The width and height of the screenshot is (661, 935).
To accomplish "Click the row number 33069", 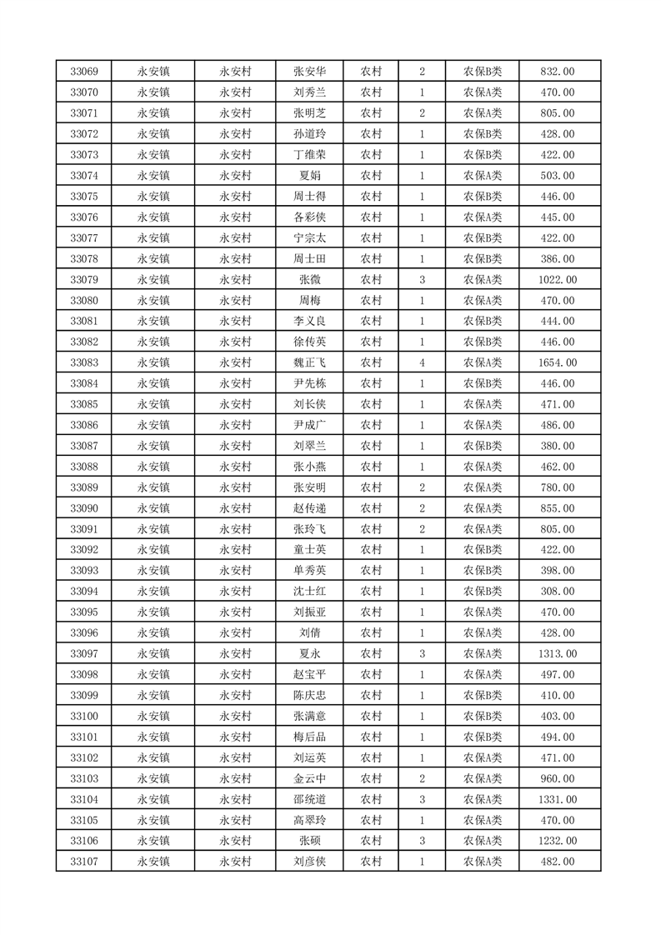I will (84, 72).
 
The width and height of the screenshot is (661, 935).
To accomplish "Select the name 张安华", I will (310, 72).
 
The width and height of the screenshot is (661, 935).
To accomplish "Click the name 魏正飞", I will (310, 362).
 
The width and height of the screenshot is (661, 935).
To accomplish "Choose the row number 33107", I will (84, 861).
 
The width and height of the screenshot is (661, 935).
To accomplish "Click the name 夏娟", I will (310, 176).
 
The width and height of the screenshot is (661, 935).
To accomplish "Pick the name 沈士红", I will (310, 591).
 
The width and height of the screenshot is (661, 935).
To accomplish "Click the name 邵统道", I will (310, 799).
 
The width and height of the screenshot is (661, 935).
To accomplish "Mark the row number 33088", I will (84, 467).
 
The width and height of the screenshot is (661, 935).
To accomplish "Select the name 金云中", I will (310, 778).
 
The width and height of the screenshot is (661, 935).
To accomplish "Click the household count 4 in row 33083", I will (423, 362).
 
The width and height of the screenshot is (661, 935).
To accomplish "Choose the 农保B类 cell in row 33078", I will (483, 259).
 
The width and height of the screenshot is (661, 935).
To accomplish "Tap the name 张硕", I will (310, 840).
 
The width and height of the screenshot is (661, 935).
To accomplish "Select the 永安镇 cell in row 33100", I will (153, 716).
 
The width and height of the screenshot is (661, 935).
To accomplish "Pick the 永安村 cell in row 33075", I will (235, 197).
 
